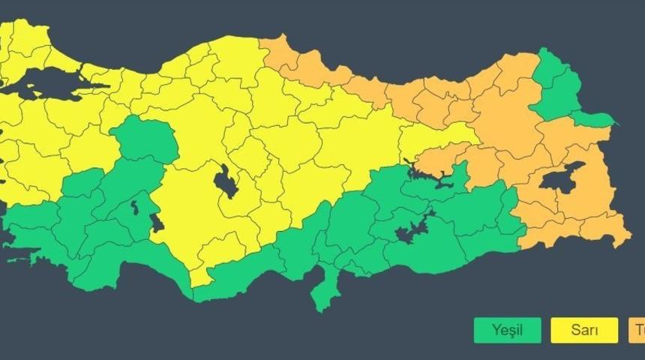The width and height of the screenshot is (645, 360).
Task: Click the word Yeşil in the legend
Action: pos(506,330)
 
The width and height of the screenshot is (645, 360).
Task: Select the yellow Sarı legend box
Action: pos(584,330)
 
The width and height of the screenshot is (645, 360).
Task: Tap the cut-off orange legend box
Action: pos(637,330)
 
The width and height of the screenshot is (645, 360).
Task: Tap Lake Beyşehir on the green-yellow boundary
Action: pos(157,223)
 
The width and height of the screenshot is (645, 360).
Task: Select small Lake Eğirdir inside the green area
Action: pos(134,206)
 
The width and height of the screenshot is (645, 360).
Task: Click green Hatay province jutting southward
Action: pos(325,289)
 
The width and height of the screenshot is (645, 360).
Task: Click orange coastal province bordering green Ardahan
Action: pos(517,75)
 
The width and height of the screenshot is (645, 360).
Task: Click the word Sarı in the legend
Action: pos(584,330)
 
